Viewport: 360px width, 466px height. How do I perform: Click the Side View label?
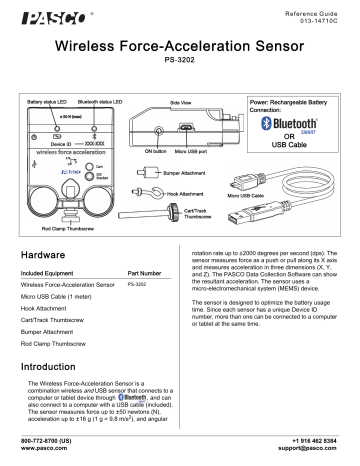186,102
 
